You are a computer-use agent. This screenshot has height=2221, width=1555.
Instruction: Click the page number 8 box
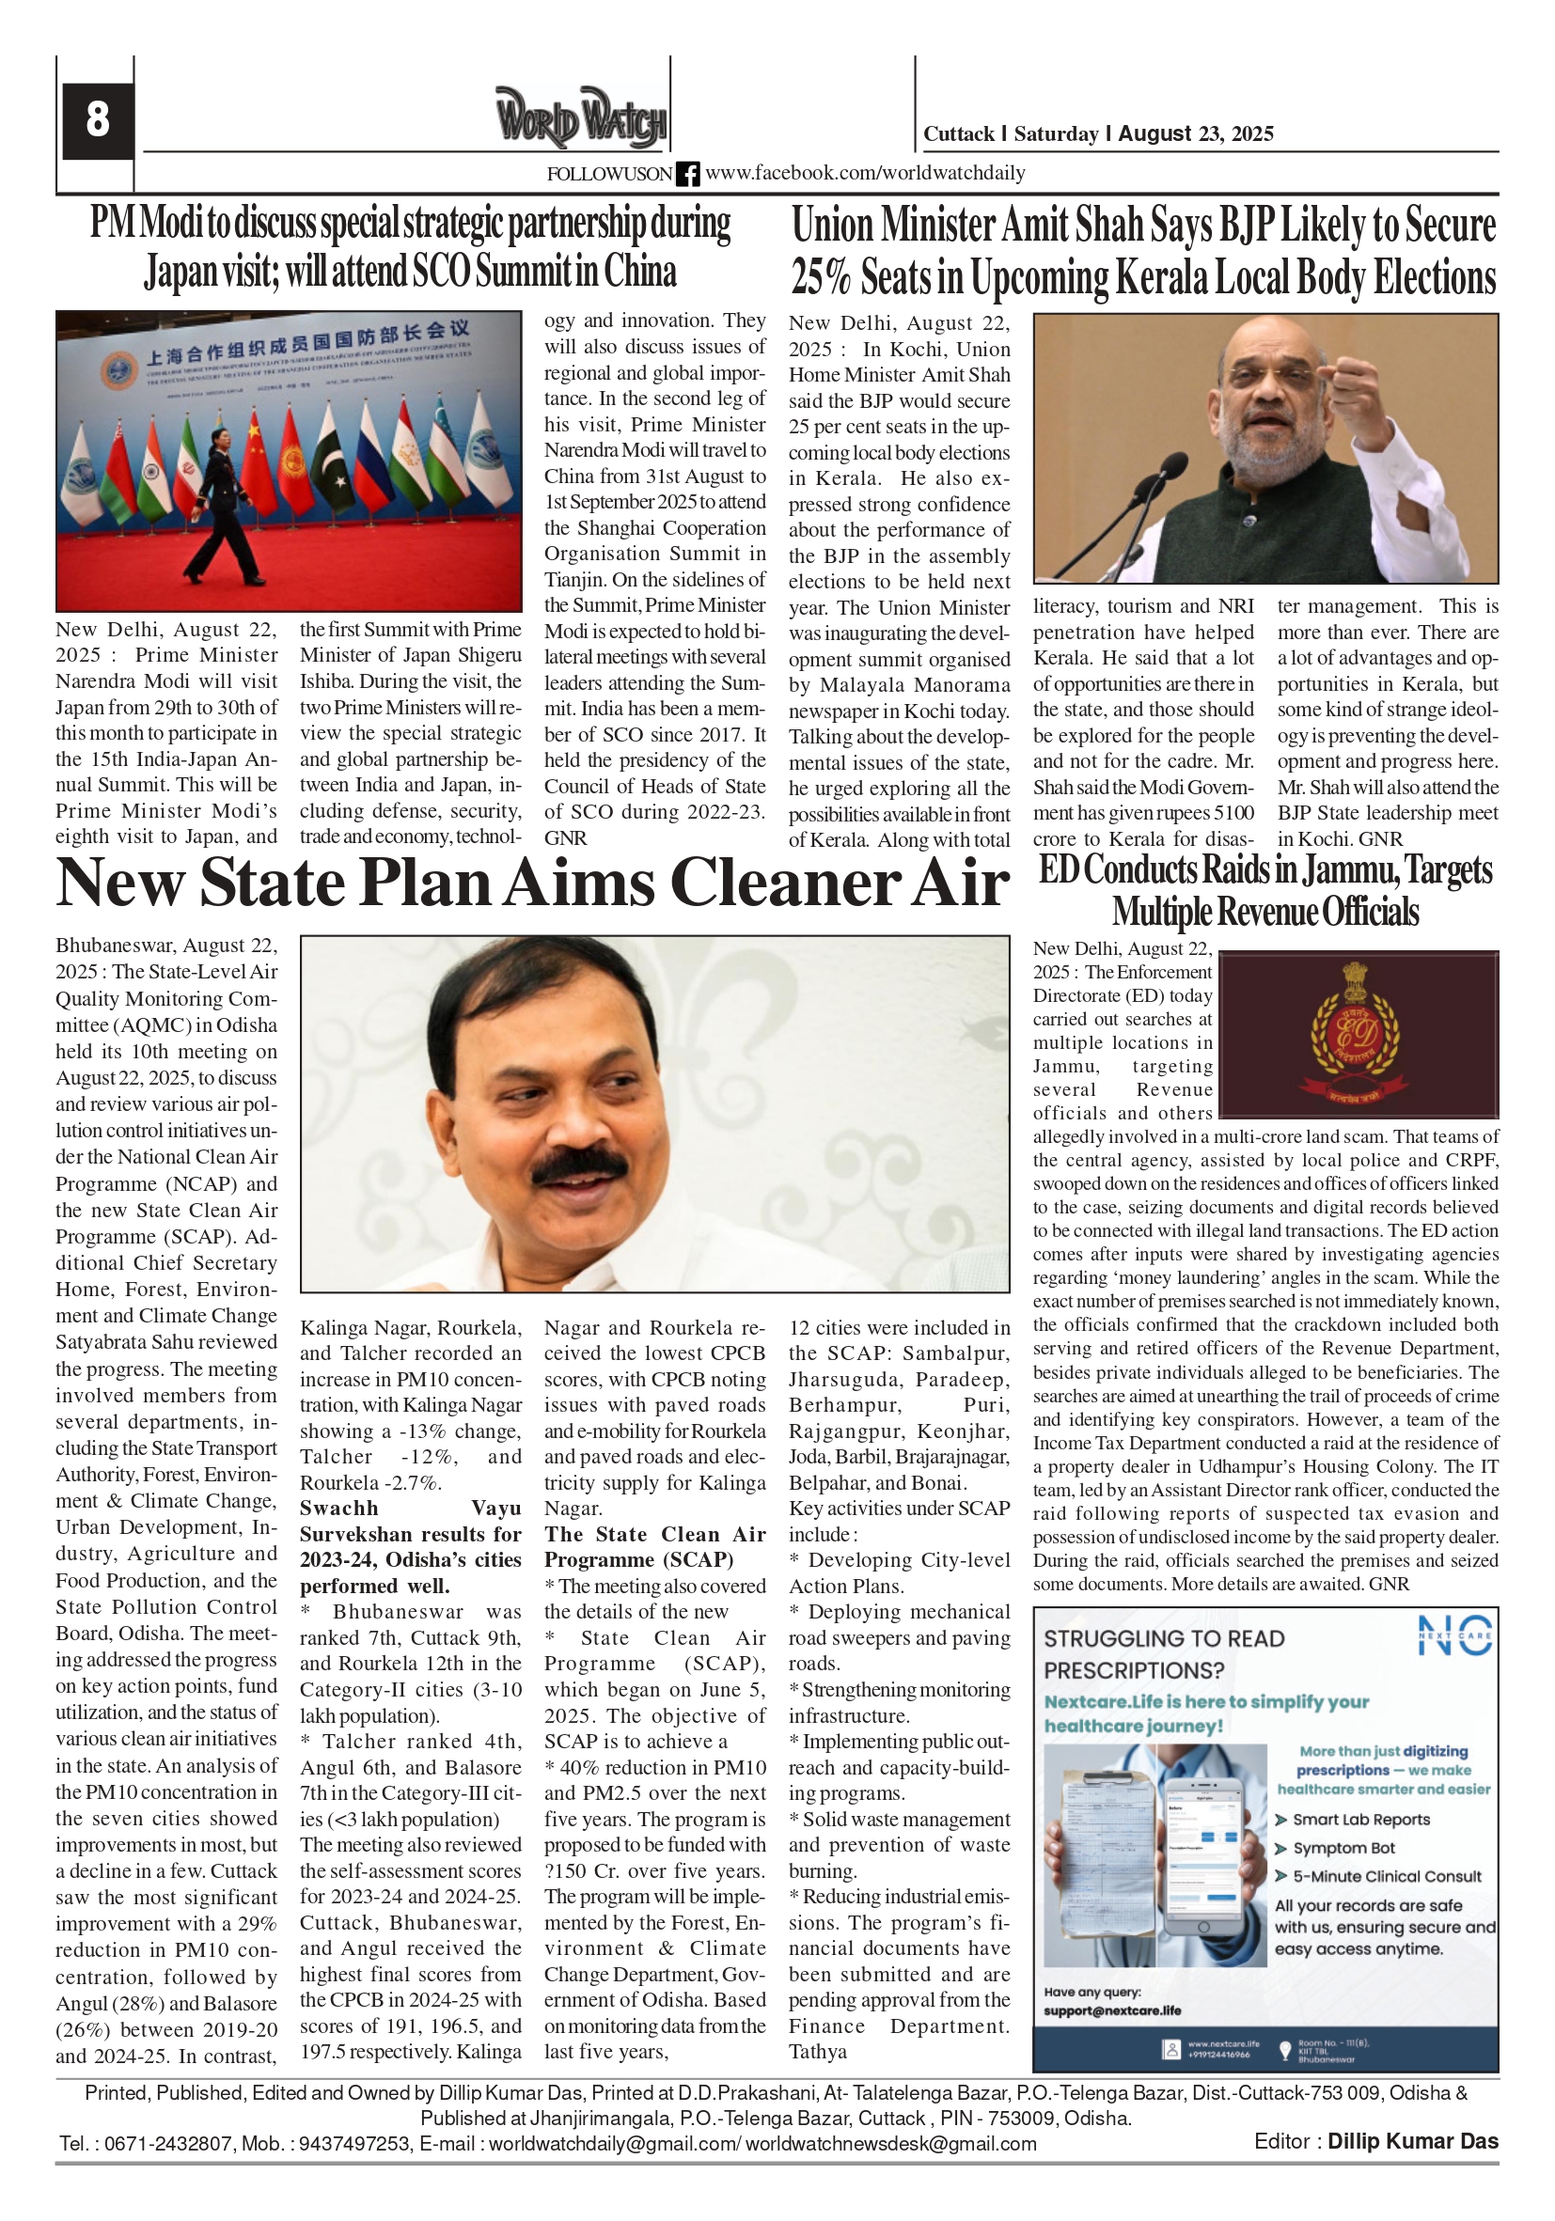coord(97,120)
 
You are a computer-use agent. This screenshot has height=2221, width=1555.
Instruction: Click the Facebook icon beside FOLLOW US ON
coord(687,174)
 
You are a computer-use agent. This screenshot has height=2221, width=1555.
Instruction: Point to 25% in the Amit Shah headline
coord(820,277)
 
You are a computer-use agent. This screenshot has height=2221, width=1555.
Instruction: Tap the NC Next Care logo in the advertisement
coord(1453,1634)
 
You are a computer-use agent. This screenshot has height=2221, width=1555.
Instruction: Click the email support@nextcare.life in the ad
coord(1112,2010)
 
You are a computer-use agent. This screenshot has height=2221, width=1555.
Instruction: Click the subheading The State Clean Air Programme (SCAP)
coord(654,1547)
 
